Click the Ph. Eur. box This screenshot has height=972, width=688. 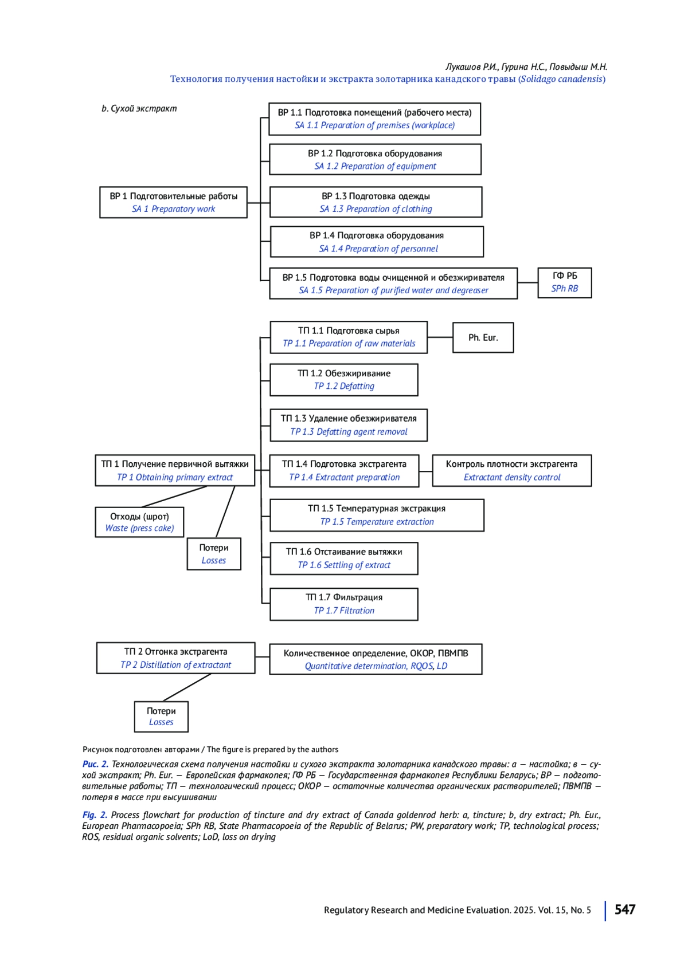pos(483,337)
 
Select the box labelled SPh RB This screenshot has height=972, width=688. pos(564,282)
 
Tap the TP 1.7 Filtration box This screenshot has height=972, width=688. pos(344,604)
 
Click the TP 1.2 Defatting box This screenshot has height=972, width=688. pos(344,380)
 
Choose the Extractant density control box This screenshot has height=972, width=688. pos(511,470)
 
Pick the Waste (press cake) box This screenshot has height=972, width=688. pos(139,522)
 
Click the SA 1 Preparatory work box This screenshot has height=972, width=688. pos(173,202)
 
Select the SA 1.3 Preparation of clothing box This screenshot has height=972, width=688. pos(376,202)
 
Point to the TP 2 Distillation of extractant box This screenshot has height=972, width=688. pos(175,658)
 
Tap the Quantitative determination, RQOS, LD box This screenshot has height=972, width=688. pos(376,659)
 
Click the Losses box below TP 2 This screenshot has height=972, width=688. pos(161,717)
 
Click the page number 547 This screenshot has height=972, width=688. pos(624,910)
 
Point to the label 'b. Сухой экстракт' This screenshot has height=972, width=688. pos(139,108)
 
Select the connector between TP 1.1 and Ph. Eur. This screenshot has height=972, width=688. pos(440,337)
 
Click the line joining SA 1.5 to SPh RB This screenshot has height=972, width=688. pos(527,282)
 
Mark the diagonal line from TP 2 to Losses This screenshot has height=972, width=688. pos(187,687)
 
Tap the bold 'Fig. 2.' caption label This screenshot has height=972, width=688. pos(95,814)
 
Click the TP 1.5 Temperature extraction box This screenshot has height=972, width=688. pos(377,515)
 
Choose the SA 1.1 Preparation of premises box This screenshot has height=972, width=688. pos(374,119)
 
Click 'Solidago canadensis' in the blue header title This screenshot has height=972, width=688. pos(561,79)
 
